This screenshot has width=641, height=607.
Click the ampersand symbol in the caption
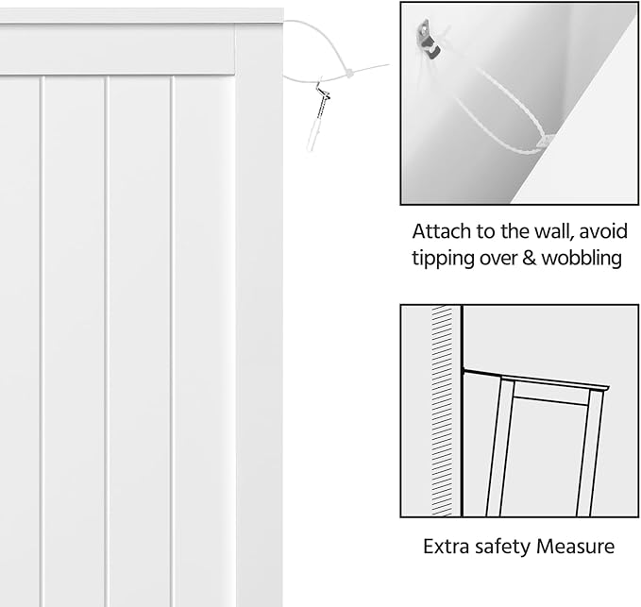[x=529, y=258]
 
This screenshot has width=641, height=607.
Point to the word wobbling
[x=582, y=258]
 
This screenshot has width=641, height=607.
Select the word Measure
[x=576, y=546]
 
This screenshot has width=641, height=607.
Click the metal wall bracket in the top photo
[x=428, y=39]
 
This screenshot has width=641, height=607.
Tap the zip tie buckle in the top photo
[x=545, y=142]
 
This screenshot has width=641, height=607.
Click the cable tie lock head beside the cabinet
[x=349, y=74]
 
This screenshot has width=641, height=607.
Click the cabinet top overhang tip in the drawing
[x=608, y=388]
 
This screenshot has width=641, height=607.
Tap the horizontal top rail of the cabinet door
[x=118, y=50]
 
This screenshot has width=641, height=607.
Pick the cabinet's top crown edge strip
[x=142, y=16]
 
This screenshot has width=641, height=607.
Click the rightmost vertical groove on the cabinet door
[x=172, y=341]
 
